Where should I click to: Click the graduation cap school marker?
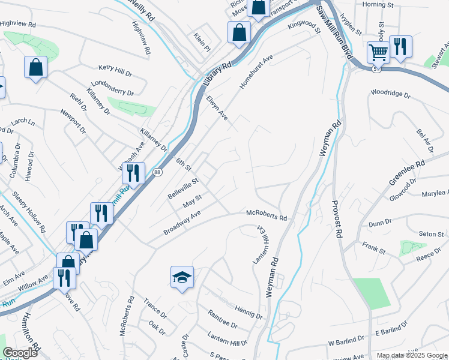182,277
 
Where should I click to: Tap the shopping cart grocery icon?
378,52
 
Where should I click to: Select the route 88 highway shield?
157,172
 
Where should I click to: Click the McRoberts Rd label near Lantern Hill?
267,215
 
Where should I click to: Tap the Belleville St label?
183,189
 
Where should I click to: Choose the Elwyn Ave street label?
217,108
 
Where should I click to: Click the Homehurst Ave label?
256,73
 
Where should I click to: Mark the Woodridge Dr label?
390,94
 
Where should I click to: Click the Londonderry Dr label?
112,88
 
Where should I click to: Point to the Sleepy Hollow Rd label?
29,212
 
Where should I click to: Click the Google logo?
20,353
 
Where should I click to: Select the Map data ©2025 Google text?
412,355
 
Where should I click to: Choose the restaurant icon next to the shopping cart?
400,47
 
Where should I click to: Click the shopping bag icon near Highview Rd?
35,68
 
